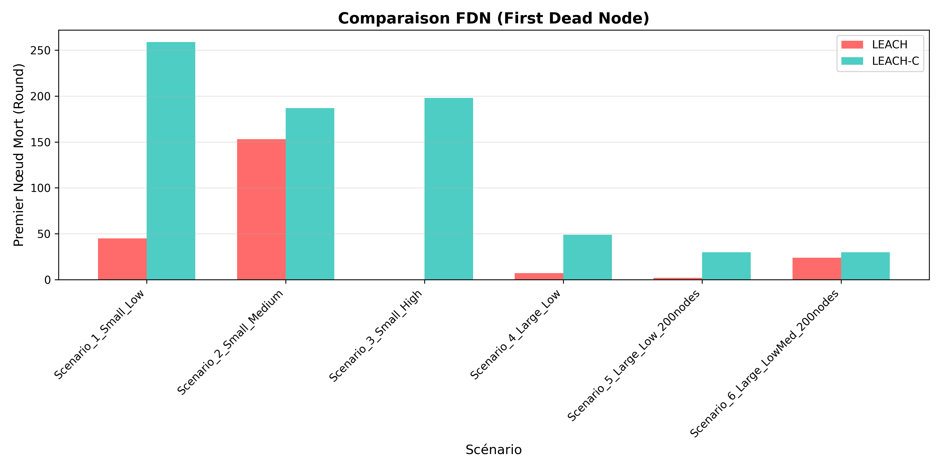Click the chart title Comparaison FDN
[x=494, y=18]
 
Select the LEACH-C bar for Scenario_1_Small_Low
[x=171, y=161]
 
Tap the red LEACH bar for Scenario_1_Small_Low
[x=122, y=259]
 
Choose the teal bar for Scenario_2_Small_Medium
[x=310, y=194]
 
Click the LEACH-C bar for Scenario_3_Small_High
[x=449, y=189]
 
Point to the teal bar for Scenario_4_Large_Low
[x=587, y=257]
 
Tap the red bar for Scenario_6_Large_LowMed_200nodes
[x=817, y=269]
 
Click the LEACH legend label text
[x=890, y=44]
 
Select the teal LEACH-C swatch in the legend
[x=852, y=61]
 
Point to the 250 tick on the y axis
[x=40, y=50]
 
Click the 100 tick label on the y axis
[x=40, y=188]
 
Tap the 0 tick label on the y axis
[x=48, y=280]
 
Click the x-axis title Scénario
[x=494, y=450]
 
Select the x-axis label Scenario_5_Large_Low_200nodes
[x=634, y=356]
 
